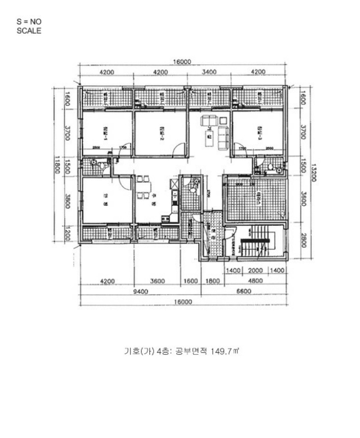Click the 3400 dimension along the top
click(x=210, y=73)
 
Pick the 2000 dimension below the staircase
click(x=256, y=270)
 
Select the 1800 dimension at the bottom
click(x=212, y=281)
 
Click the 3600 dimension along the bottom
click(x=157, y=281)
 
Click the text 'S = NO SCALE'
click(x=29, y=26)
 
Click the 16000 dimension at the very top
click(x=182, y=62)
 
